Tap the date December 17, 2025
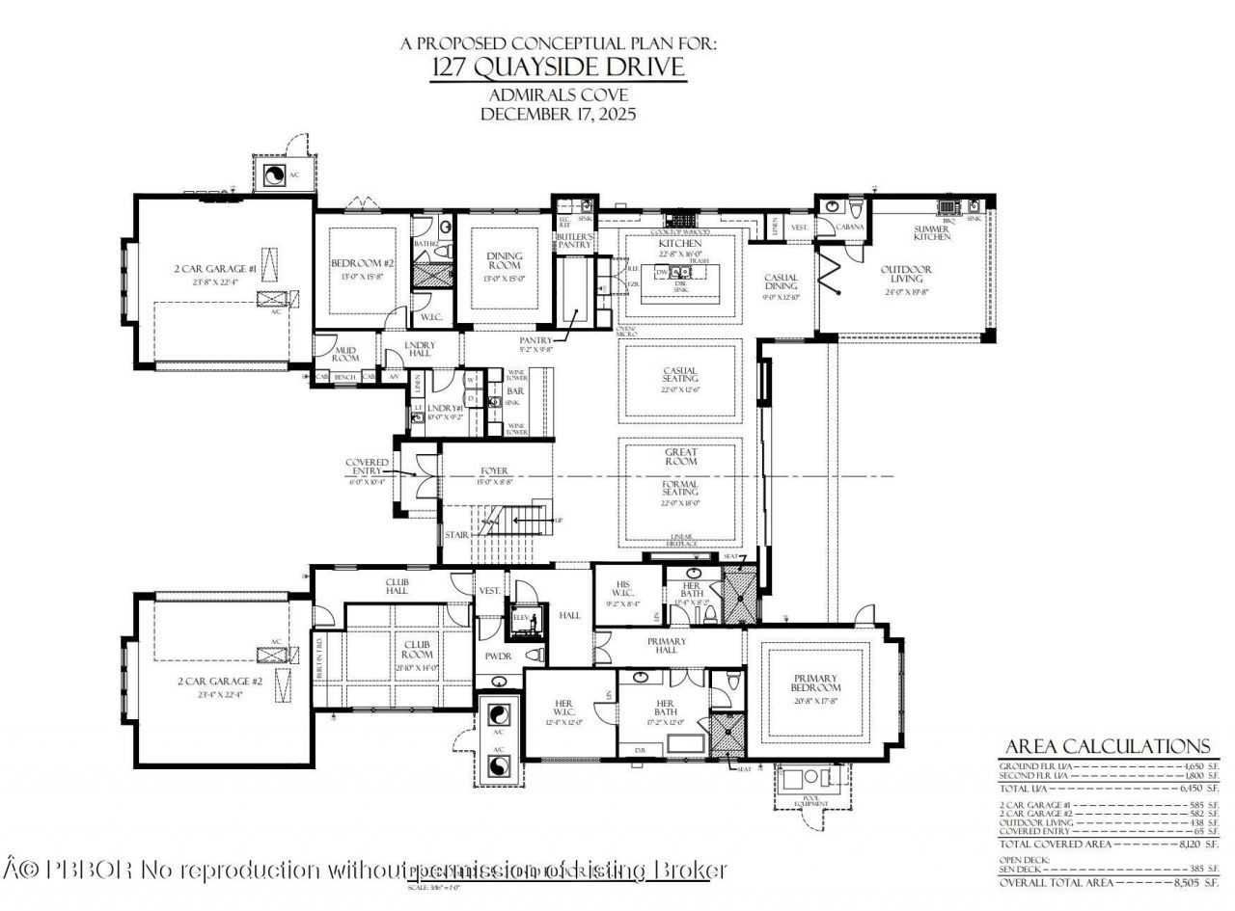(x=559, y=113)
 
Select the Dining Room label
(x=504, y=260)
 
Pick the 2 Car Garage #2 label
(x=218, y=681)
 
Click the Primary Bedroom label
(x=816, y=683)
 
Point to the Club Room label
(x=417, y=649)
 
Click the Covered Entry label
(x=368, y=468)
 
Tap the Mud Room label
(x=346, y=353)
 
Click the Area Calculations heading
(x=1107, y=746)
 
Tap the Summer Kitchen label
(x=931, y=233)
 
